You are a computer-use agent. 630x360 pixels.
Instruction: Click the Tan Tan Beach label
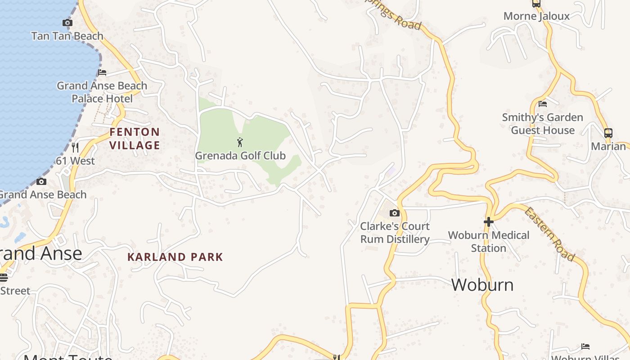pyautogui.click(x=67, y=36)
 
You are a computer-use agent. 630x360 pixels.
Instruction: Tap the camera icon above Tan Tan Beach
pyautogui.click(x=67, y=22)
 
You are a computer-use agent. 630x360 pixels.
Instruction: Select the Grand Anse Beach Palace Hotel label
pyautogui.click(x=102, y=92)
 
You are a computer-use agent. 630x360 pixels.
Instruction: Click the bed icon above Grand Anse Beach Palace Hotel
pyautogui.click(x=102, y=72)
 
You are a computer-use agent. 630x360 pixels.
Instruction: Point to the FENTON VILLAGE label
pyautogui.click(x=135, y=139)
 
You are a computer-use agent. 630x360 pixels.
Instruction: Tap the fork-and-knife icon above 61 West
pyautogui.click(x=75, y=147)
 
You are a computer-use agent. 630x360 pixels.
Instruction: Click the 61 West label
pyautogui.click(x=76, y=161)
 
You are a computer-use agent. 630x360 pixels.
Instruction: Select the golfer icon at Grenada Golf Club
pyautogui.click(x=240, y=143)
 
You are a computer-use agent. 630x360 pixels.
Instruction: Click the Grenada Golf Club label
pyautogui.click(x=240, y=156)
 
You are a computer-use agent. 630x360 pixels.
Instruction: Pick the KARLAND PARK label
pyautogui.click(x=175, y=257)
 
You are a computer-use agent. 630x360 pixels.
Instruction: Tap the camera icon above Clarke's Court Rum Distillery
pyautogui.click(x=395, y=213)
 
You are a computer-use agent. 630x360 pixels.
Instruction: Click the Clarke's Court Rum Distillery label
pyautogui.click(x=395, y=233)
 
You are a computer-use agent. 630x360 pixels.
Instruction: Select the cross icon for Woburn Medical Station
pyautogui.click(x=489, y=221)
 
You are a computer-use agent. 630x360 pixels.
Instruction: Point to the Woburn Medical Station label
pyautogui.click(x=489, y=242)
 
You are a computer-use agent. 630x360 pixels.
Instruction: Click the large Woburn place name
pyautogui.click(x=482, y=285)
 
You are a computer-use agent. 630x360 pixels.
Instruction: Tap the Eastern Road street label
pyautogui.click(x=550, y=234)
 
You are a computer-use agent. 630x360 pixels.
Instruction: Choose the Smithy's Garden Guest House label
pyautogui.click(x=543, y=124)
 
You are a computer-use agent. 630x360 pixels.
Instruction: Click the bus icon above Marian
pyautogui.click(x=608, y=133)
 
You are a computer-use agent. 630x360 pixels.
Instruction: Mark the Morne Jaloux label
pyautogui.click(x=536, y=16)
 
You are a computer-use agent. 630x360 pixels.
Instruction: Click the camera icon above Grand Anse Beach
pyautogui.click(x=41, y=181)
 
